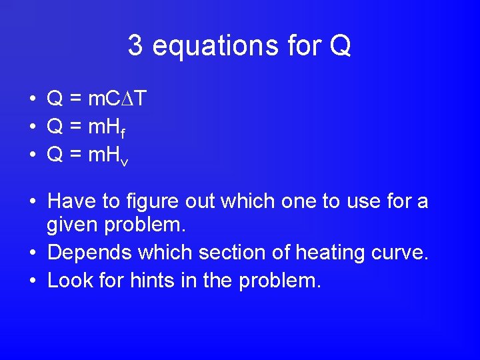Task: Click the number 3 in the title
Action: point(135,46)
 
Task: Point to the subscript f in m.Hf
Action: point(123,132)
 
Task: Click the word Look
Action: point(70,280)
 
